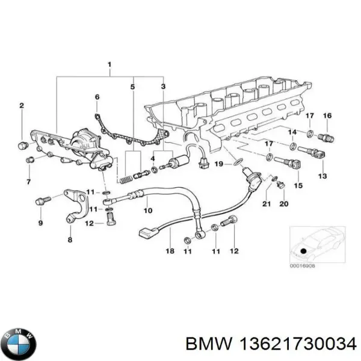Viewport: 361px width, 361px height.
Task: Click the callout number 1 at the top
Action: (109, 64)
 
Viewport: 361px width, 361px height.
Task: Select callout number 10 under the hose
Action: (147, 210)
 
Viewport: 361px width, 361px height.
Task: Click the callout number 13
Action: (322, 176)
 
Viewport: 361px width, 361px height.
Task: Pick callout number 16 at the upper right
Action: (327, 116)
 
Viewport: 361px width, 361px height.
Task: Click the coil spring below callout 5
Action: (125, 178)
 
